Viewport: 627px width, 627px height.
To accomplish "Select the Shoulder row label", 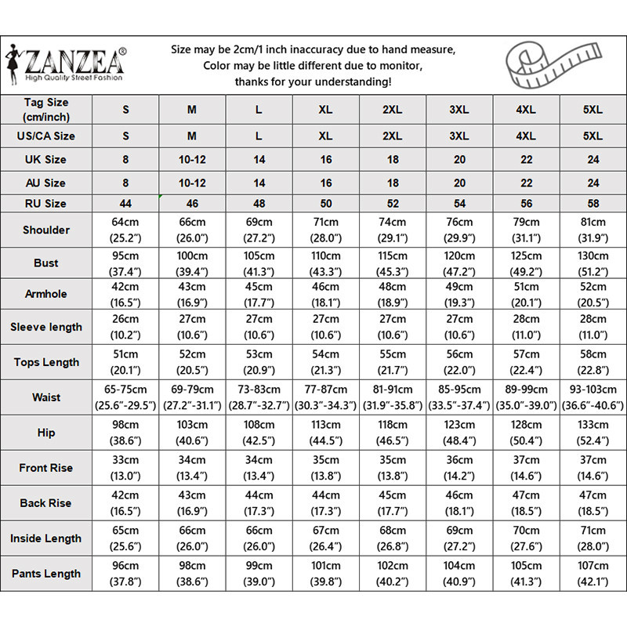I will pos(45,230).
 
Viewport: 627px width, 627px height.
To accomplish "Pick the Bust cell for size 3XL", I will pos(459,263).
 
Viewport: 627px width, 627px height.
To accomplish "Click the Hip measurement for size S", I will pos(125,432).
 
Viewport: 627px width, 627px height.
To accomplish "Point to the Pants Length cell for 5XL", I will pos(593,573).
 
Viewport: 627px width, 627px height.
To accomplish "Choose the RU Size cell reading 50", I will pos(326,203).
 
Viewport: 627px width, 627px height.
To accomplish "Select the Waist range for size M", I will pos(192,397).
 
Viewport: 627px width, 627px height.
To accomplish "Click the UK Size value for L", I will pos(259,159).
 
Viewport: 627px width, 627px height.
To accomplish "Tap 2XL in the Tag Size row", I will pos(393,110).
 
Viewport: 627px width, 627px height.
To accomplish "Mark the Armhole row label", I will pos(45,294).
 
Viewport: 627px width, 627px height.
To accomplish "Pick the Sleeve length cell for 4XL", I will pos(527,326).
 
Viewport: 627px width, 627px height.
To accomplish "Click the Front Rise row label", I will pos(45,468).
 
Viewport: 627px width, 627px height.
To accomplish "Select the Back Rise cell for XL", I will pos(326,502).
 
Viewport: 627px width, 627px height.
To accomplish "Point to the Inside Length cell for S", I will pos(125,538).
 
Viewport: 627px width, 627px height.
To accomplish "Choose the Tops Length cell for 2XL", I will pos(393,361).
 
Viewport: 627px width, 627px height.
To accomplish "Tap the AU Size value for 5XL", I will pos(593,183).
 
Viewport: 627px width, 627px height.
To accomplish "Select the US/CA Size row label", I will pos(45,136).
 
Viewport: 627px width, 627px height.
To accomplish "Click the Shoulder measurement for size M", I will pos(192,230).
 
